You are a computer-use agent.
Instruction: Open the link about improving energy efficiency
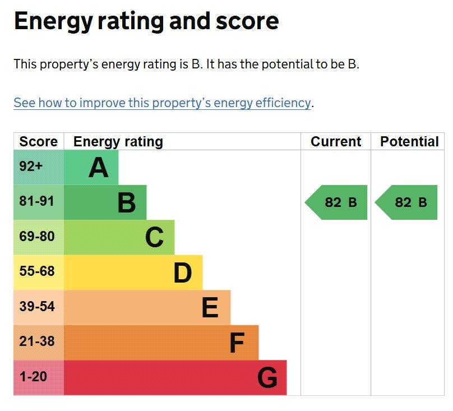tap(162, 103)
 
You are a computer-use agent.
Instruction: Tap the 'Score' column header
tap(39, 142)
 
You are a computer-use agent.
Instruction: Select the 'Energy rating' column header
tap(118, 142)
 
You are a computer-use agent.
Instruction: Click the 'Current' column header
tap(336, 142)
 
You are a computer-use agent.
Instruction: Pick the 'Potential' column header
tap(409, 142)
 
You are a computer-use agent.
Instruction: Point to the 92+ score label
tap(31, 166)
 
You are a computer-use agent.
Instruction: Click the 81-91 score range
tap(36, 201)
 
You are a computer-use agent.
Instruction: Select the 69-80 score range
tap(36, 236)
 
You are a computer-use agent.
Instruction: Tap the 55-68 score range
tap(36, 271)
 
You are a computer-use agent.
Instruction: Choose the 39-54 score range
tap(36, 306)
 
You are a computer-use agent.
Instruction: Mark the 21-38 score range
tap(36, 341)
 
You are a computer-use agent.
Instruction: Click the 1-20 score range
tap(33, 376)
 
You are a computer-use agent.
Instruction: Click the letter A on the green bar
tap(99, 167)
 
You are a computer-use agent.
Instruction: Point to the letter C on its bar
tap(154, 237)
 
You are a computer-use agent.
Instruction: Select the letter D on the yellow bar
tap(183, 273)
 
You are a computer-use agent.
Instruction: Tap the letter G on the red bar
tap(267, 377)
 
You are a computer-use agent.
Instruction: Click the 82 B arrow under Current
tap(336, 202)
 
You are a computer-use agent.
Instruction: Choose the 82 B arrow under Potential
tap(406, 202)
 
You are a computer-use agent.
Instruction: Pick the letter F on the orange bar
tap(237, 343)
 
